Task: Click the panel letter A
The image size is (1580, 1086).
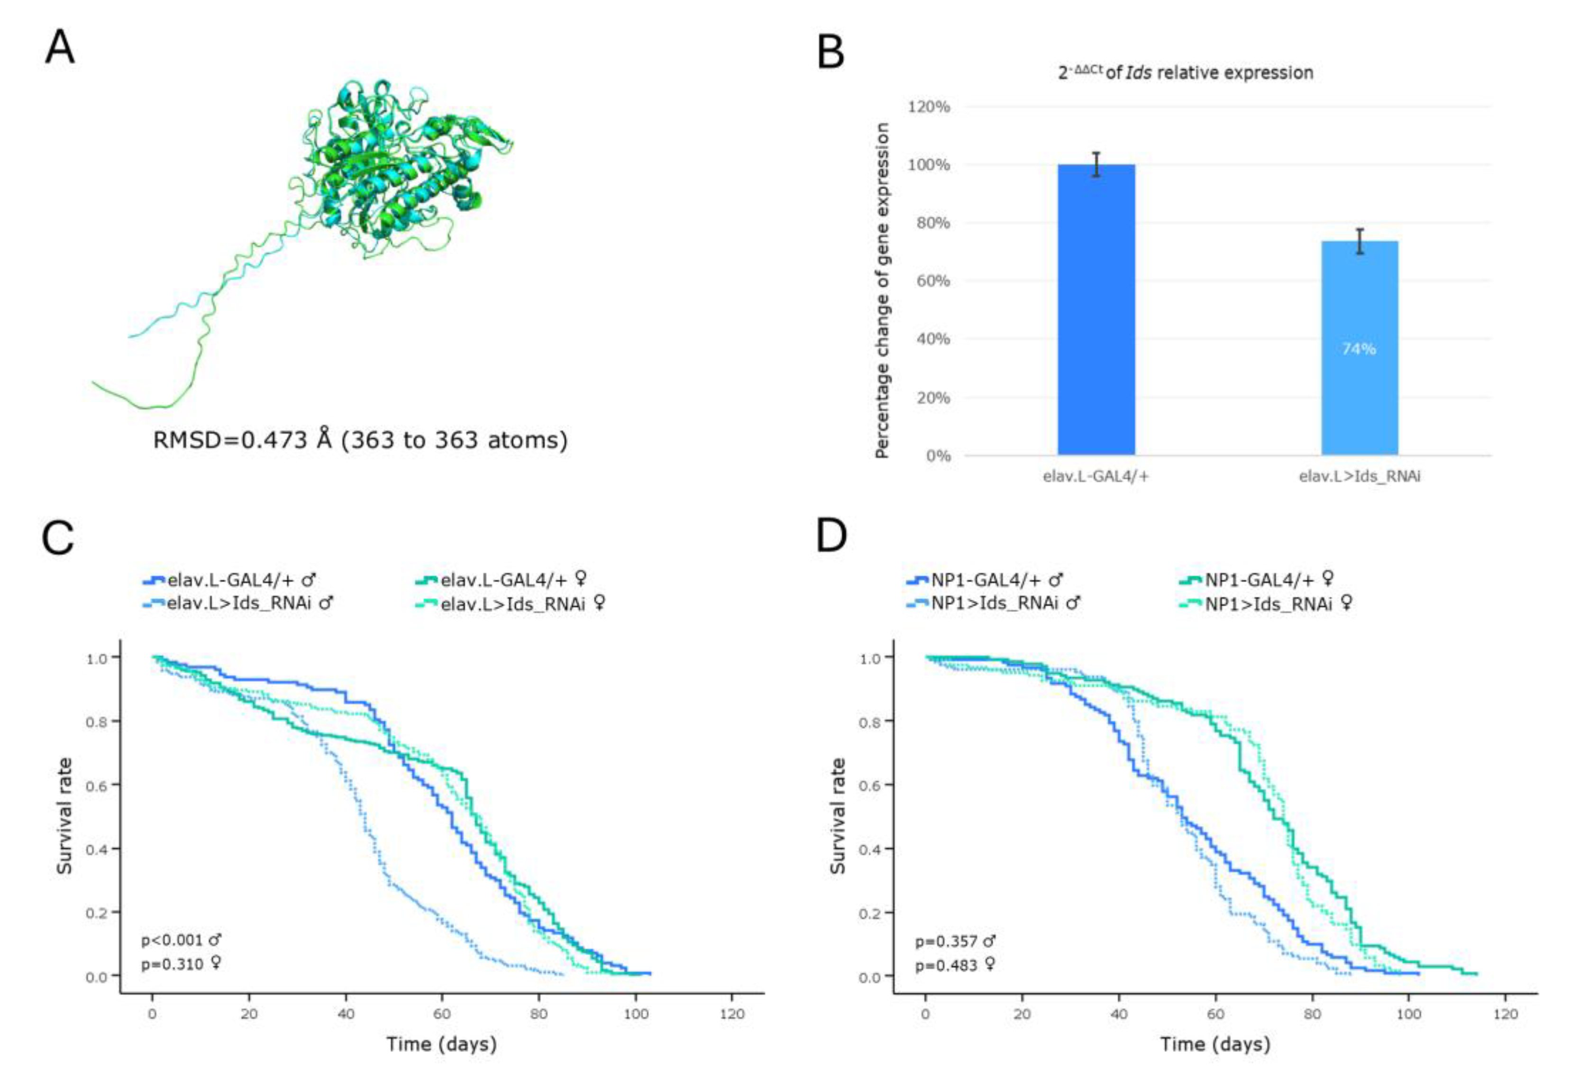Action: click(60, 48)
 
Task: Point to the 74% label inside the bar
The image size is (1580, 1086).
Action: click(1359, 349)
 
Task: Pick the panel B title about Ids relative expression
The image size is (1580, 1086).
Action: click(1185, 72)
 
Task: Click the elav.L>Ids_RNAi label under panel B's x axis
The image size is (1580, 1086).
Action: click(1359, 476)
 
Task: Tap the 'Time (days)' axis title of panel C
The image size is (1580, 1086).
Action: click(442, 1044)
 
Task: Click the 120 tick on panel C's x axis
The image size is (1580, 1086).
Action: click(731, 1014)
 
